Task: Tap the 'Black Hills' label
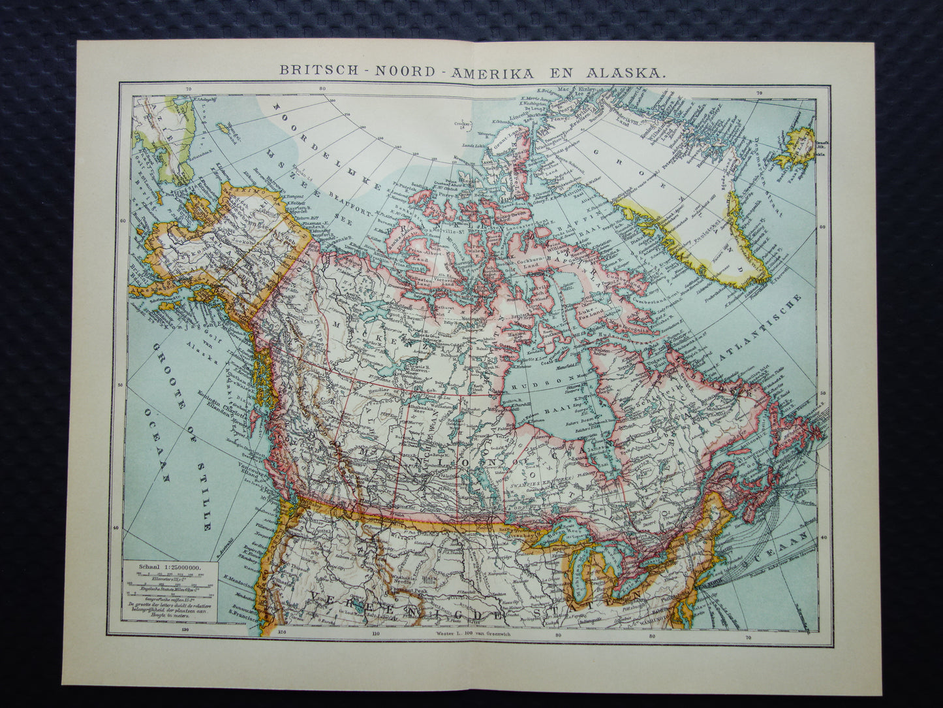click(429, 577)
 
